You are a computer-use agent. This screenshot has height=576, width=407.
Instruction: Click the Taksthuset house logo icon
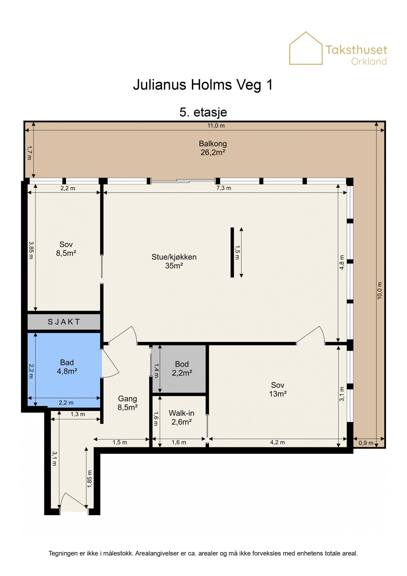[306, 48]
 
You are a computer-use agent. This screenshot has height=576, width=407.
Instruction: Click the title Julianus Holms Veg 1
[203, 85]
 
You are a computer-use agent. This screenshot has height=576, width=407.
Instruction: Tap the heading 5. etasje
[203, 112]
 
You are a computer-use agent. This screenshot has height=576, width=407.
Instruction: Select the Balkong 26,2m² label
[213, 148]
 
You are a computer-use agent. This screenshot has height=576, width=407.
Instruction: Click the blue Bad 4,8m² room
[64, 369]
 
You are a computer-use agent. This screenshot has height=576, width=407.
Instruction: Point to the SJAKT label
[64, 322]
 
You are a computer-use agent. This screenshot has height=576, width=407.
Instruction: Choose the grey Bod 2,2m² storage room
[179, 369]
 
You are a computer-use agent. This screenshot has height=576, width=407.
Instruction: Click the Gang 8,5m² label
[127, 403]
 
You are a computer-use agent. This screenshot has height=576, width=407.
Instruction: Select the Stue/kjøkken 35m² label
[174, 261]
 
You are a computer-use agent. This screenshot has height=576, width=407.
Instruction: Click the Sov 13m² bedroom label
[278, 389]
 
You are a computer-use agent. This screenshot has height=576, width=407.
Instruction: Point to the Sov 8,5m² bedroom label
[66, 249]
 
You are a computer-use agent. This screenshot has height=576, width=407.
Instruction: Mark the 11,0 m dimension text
[216, 125]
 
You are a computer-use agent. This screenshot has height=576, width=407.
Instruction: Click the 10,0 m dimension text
[380, 290]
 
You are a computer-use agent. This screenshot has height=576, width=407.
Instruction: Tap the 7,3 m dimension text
[224, 188]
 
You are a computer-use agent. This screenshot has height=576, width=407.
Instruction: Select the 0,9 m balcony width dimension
[366, 443]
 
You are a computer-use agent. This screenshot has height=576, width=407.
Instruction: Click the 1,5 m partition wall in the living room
[232, 252]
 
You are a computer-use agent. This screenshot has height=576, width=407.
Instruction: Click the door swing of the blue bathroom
[110, 363]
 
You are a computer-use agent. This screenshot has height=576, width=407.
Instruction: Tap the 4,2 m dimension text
[277, 442]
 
